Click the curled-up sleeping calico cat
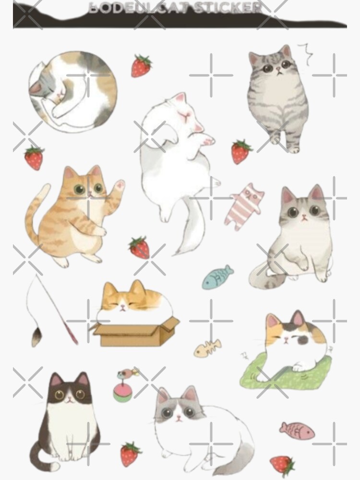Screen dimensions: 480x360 tap(72, 91)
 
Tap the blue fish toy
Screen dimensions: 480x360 tap(217, 278)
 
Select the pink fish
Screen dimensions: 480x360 tap(297, 431)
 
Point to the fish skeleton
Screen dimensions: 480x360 tap(208, 348)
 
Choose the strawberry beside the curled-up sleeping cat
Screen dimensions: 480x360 tap(141, 66)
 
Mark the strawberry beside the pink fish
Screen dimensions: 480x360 tap(282, 464)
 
